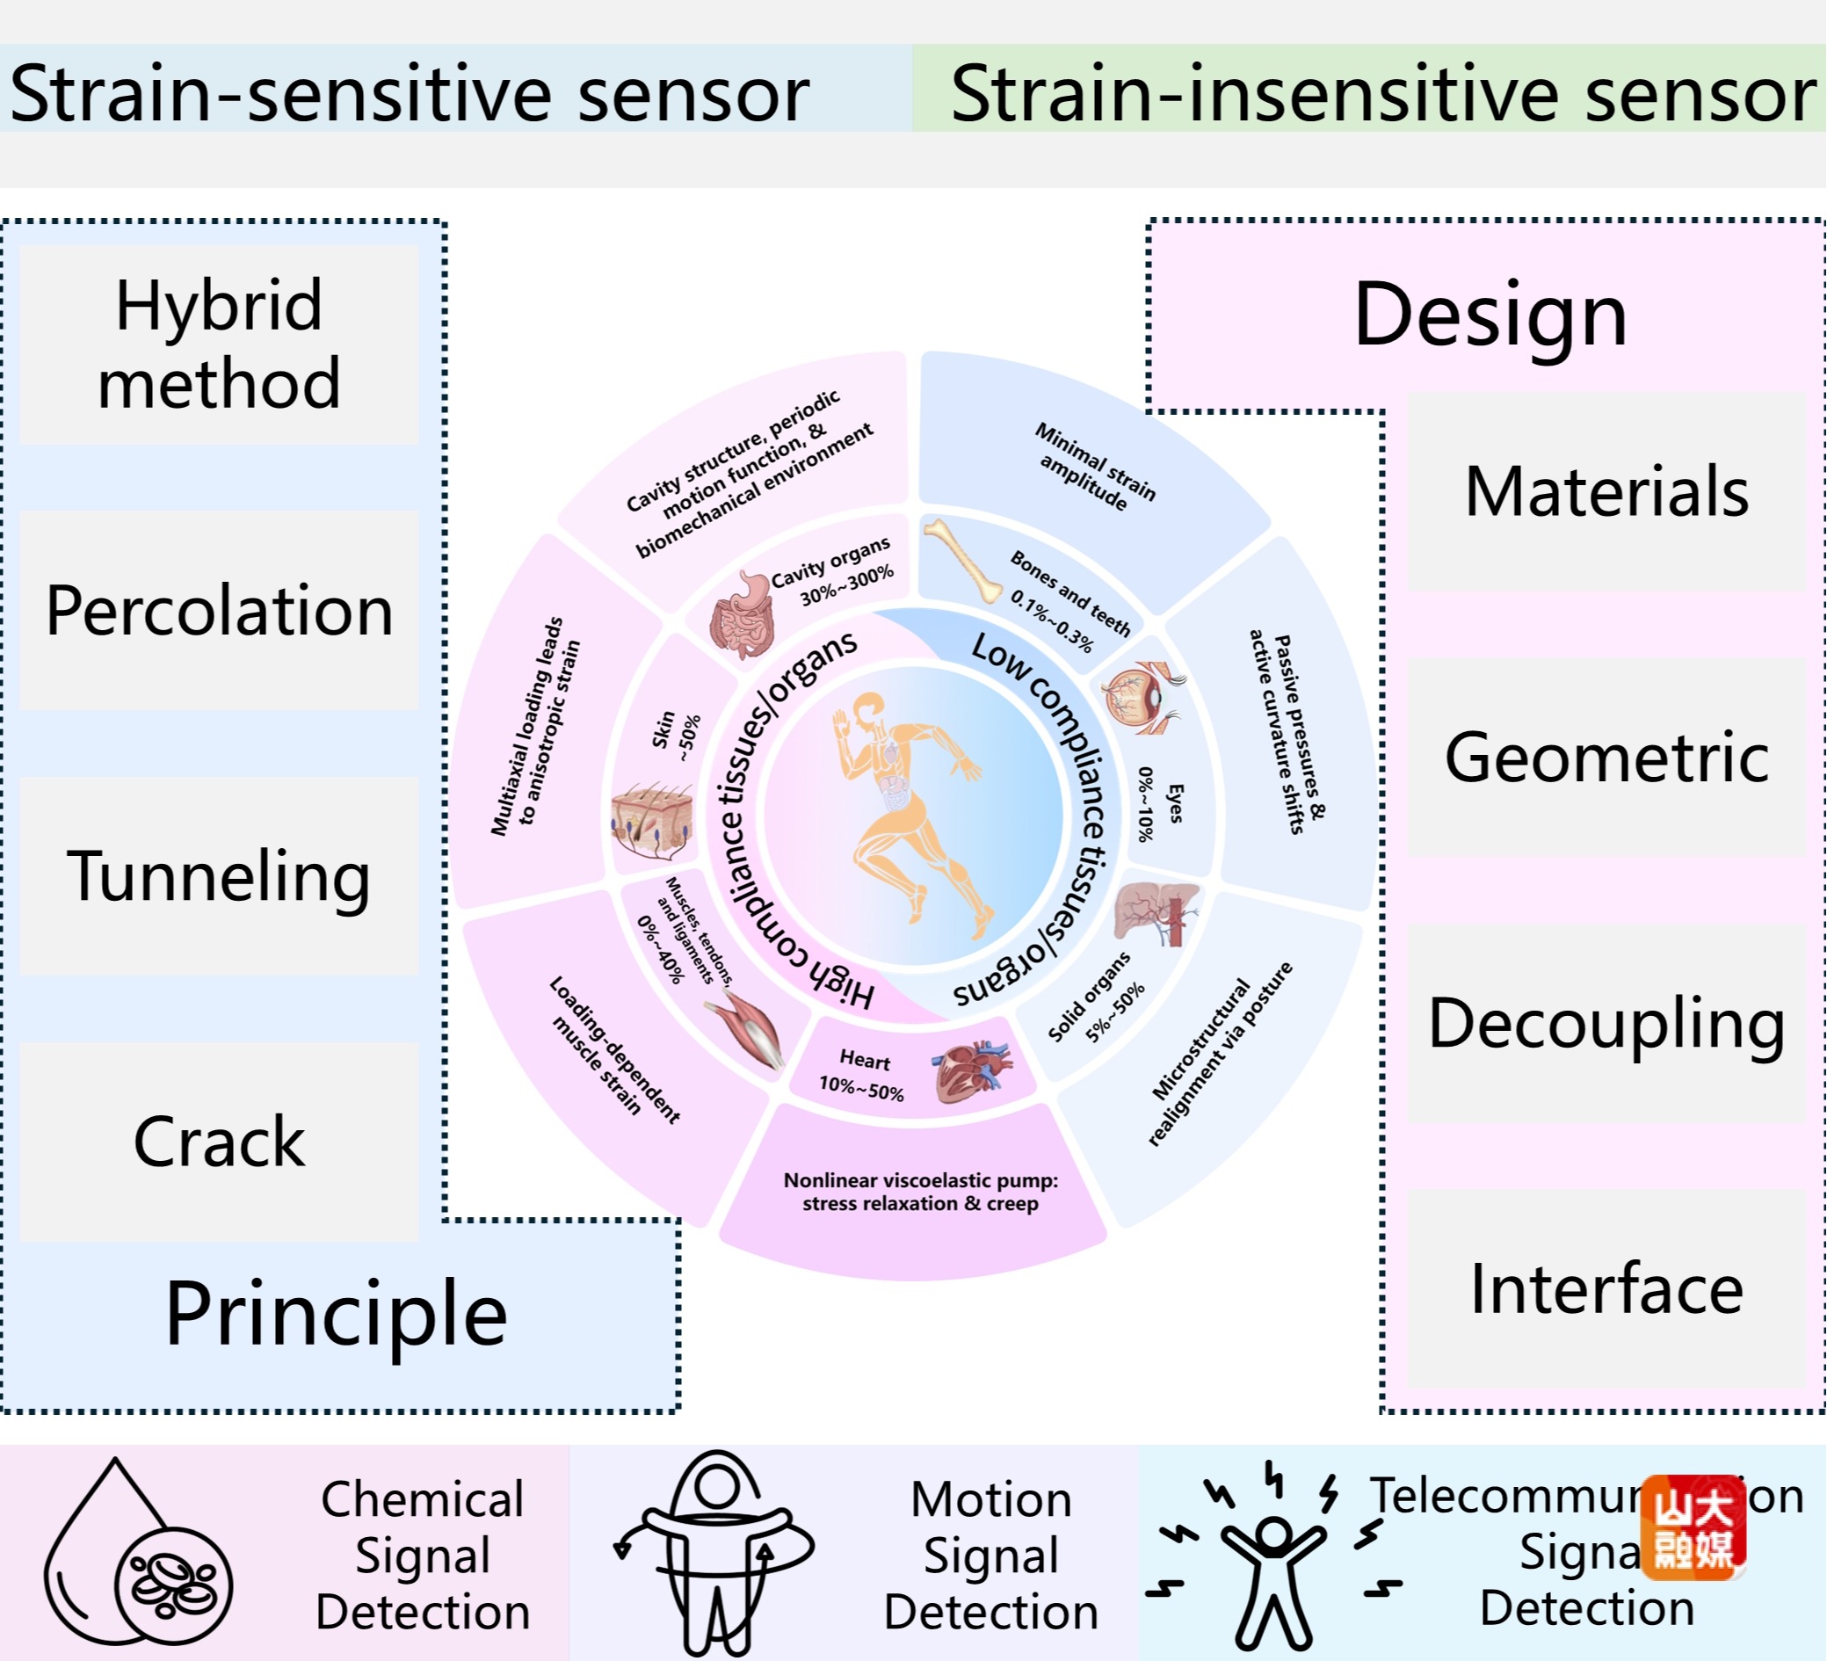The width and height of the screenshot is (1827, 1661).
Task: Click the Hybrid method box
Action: coord(219,345)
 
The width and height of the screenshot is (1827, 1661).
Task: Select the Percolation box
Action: coord(219,610)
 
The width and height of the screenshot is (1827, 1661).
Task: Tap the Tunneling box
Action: coord(219,875)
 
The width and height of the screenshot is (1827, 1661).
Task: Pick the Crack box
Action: coord(219,1141)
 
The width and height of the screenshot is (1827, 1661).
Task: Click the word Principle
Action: coord(336,1314)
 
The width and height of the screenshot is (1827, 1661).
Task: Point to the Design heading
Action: coord(1490,315)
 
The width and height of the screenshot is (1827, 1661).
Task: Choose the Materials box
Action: coord(1606,491)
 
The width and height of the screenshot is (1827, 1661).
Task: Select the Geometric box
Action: coord(1606,757)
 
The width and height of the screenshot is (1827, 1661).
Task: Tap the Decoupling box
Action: coord(1606,1023)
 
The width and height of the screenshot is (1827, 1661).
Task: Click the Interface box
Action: coord(1606,1288)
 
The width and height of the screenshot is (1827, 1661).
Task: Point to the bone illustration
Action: coord(961,561)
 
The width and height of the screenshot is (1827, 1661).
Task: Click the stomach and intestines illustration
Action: coord(743,616)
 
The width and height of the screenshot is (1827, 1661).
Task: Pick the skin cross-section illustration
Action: coord(651,821)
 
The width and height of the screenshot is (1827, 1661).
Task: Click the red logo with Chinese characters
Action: coord(1693,1527)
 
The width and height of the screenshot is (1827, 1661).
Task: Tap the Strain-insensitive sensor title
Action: coord(1383,92)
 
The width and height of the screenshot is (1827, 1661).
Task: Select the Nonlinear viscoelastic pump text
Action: coord(920,1191)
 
